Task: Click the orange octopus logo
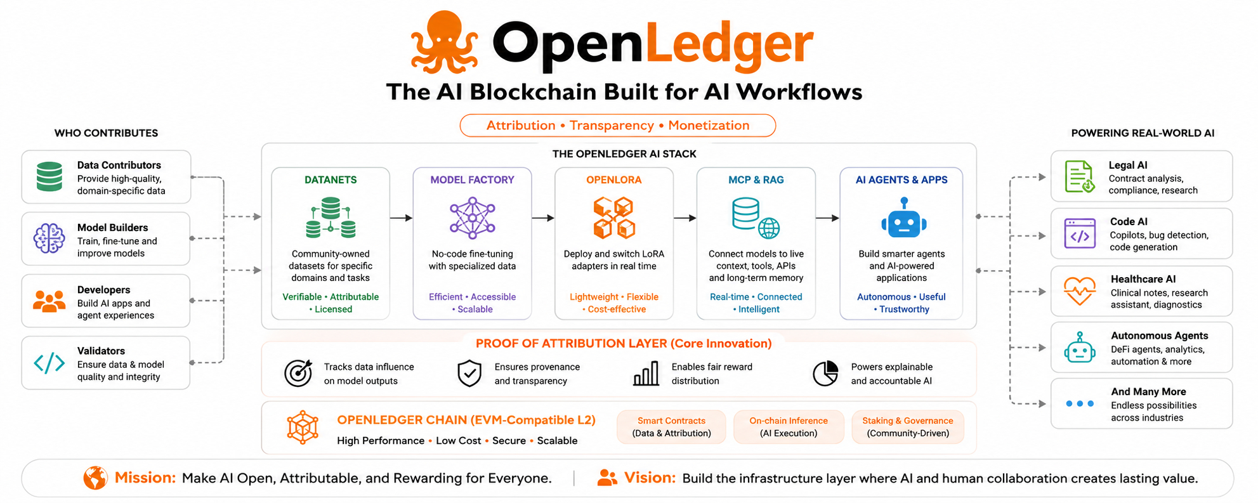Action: (x=444, y=42)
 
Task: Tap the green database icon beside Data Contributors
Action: (x=49, y=176)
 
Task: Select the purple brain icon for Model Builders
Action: (x=49, y=238)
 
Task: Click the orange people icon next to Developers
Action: (x=49, y=301)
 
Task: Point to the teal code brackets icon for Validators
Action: (x=49, y=363)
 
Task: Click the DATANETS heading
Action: (x=331, y=180)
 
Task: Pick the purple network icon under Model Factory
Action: (x=472, y=218)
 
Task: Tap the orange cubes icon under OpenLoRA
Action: (x=614, y=218)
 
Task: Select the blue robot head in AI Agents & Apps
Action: (x=903, y=218)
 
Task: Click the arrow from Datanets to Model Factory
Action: (x=401, y=218)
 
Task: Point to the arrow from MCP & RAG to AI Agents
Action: (x=827, y=218)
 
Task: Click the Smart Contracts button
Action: (x=671, y=427)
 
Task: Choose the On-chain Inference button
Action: (x=789, y=427)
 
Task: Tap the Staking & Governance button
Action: (x=908, y=427)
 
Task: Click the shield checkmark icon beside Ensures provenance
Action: (x=469, y=373)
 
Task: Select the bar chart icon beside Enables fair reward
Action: (x=646, y=374)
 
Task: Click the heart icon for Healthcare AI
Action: (x=1080, y=292)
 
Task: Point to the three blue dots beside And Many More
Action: (x=1080, y=403)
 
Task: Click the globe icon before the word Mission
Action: (x=95, y=478)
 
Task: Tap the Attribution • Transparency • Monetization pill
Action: (x=618, y=126)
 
